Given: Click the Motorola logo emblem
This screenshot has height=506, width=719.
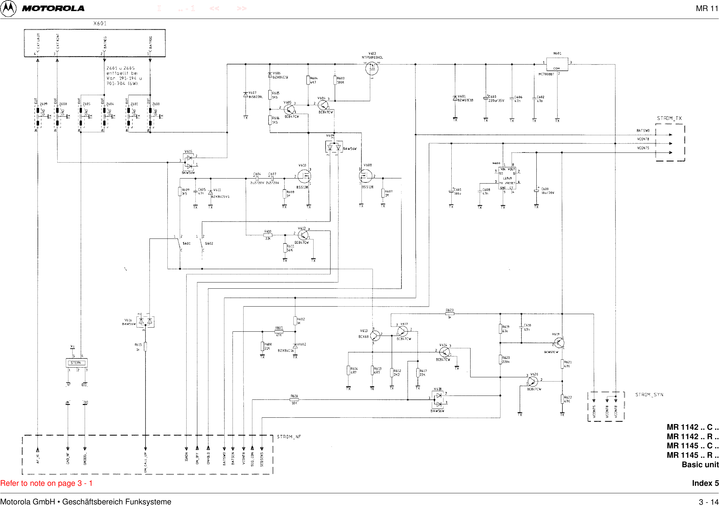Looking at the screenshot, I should (8, 8).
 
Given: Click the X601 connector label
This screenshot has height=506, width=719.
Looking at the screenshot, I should (100, 23).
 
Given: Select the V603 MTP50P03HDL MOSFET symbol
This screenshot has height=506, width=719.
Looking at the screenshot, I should (372, 68).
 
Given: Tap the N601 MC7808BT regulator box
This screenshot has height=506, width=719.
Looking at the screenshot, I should (557, 64).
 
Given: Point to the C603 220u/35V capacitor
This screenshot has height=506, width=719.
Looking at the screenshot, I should (486, 98).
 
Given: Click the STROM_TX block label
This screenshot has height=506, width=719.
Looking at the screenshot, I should (669, 118).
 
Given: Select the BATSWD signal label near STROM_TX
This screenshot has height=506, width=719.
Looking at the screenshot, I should (643, 131).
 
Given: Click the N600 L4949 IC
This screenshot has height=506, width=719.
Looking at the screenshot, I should (507, 178).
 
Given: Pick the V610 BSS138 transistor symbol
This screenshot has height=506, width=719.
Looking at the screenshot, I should (304, 176).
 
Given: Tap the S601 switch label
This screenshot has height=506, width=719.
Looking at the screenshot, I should (187, 243).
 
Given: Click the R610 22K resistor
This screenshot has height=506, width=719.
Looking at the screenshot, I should (268, 235).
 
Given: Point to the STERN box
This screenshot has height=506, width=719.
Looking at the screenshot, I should (77, 363).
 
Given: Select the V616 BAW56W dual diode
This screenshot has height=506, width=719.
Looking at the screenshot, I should (145, 322).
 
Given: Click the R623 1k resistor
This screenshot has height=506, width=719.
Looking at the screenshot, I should (450, 313).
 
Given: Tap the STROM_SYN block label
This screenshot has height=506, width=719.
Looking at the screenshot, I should (649, 395).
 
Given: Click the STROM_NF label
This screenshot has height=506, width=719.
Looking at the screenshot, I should (289, 437).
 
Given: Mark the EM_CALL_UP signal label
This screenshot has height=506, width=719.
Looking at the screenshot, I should (146, 462).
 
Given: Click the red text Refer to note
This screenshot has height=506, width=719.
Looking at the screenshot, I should (46, 483).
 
